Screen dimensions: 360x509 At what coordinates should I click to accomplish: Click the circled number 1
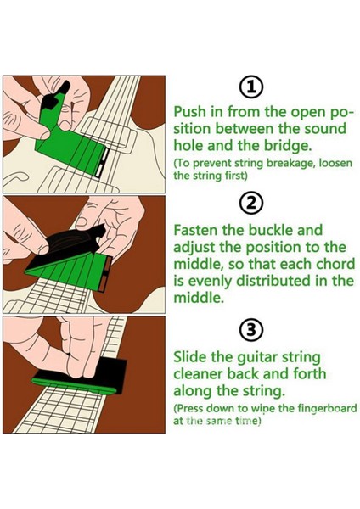(x=250, y=87)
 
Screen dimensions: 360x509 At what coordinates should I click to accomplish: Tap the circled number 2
(x=250, y=204)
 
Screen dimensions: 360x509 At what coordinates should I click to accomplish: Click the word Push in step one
(x=189, y=112)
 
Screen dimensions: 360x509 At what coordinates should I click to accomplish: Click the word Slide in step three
(x=189, y=357)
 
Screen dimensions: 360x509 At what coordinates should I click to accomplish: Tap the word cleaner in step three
(x=198, y=373)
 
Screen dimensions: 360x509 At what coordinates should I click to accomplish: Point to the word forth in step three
(x=310, y=373)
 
